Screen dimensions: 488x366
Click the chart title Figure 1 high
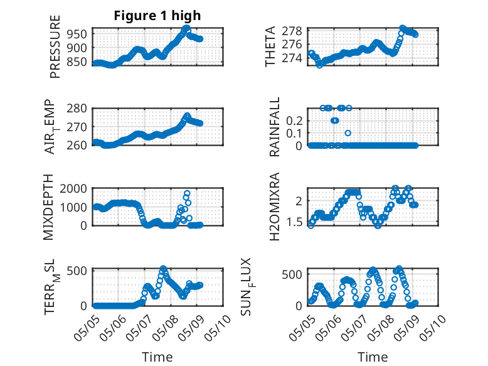coord(157,16)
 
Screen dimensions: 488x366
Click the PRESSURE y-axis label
coord(55,46)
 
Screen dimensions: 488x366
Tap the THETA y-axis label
coord(270,46)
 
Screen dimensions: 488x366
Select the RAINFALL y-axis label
coord(275,127)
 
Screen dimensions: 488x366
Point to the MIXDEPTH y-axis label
coord(48,207)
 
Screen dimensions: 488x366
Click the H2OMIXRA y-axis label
coord(274,207)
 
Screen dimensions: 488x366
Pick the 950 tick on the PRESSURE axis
coord(77,34)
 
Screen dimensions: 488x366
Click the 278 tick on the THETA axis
coord(292,31)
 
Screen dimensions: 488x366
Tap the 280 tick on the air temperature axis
coord(77,109)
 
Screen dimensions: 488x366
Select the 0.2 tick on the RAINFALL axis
coord(294,121)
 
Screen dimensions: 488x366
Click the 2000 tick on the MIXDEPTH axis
coord(73,188)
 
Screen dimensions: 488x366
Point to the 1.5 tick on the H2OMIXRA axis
coord(294,222)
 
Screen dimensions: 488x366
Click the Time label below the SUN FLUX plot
coord(373,357)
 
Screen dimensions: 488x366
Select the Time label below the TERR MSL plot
coord(157,357)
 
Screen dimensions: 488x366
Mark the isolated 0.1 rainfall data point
coord(348,133)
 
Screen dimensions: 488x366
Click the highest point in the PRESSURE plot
coord(186,28)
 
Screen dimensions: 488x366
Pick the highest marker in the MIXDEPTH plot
coord(187,193)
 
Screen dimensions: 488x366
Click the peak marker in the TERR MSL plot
coord(163,268)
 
